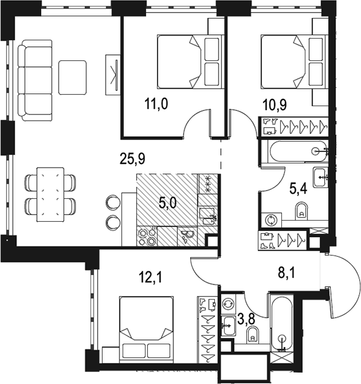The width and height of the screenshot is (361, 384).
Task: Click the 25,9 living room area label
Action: point(132,159)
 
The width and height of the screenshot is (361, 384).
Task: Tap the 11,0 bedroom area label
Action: point(156,104)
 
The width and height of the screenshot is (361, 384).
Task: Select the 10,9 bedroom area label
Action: point(275,105)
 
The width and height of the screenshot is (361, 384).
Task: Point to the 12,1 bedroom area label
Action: point(150,278)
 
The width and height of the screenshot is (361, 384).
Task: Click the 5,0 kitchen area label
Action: point(168,203)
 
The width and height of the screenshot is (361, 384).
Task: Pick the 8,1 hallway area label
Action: point(287,272)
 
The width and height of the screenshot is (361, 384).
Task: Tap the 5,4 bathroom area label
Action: point(298,189)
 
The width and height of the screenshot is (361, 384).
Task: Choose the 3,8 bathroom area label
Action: point(246,319)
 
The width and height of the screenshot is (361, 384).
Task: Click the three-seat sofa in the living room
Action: point(35,80)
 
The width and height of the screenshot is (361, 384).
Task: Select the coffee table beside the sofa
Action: point(72,78)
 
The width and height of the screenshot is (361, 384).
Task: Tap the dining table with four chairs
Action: point(50,195)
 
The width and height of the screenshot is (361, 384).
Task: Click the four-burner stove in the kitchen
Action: point(147,236)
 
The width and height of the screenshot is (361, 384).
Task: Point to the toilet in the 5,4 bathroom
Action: point(302,211)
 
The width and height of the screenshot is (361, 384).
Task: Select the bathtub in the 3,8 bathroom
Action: point(282,323)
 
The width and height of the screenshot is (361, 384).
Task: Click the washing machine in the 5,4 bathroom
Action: point(271,219)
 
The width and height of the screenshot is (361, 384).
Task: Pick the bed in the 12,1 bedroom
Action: point(147,329)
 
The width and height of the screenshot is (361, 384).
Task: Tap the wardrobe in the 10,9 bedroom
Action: point(294,126)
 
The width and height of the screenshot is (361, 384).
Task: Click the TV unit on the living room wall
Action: point(113,75)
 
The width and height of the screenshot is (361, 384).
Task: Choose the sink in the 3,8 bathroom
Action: point(229,326)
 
